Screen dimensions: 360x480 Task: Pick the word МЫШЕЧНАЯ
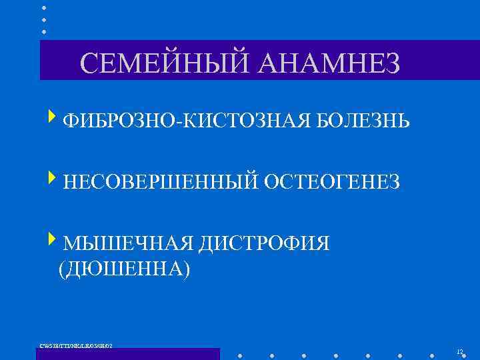(x=126, y=243)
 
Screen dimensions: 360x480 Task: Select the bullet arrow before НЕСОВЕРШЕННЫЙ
(x=53, y=179)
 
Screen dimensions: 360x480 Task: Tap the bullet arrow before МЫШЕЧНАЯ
(x=53, y=240)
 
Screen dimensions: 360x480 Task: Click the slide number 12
(x=460, y=351)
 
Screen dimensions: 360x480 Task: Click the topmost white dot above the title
(x=44, y=8)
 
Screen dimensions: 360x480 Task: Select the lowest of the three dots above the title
(x=44, y=31)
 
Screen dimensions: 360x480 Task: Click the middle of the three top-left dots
(x=44, y=19)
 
